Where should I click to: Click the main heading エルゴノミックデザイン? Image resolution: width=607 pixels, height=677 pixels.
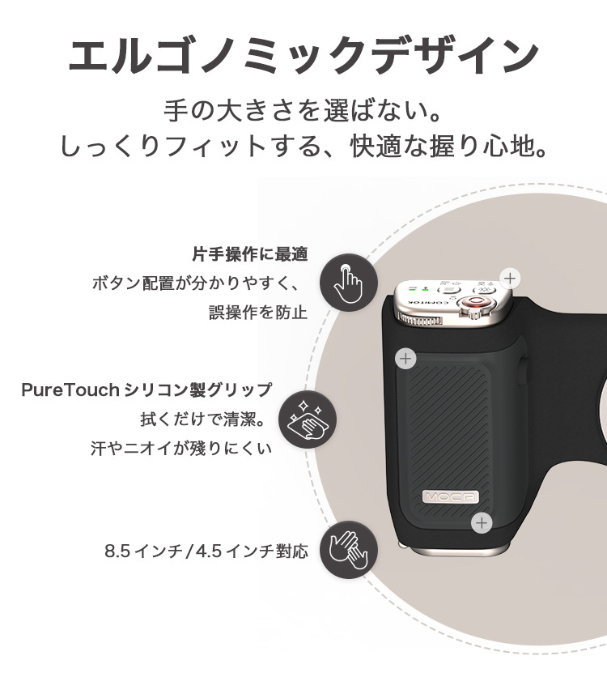[x=303, y=57]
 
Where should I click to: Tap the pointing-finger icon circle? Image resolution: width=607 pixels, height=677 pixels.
[x=349, y=283]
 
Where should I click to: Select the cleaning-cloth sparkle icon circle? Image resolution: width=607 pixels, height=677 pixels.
[x=307, y=419]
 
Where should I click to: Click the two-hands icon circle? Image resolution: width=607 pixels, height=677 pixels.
[x=349, y=550]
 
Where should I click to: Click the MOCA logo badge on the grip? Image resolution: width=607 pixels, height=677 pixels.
[x=451, y=497]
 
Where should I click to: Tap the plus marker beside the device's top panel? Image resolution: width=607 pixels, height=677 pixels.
[x=510, y=279]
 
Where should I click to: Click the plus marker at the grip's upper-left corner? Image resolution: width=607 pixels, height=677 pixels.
[x=405, y=359]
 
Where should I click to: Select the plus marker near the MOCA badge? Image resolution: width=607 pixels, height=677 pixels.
[x=482, y=523]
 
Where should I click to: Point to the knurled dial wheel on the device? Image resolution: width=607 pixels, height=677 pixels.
[x=421, y=321]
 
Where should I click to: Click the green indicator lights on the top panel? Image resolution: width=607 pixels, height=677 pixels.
[x=419, y=288]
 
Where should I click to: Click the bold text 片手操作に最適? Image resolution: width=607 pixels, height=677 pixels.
[x=250, y=254]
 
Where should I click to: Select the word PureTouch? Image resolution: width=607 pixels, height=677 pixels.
[x=70, y=390]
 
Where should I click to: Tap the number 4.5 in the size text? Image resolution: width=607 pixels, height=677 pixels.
[x=208, y=551]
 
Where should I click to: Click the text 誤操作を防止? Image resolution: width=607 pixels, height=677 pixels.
[x=258, y=312]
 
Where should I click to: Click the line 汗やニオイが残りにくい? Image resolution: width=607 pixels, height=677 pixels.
[x=181, y=448]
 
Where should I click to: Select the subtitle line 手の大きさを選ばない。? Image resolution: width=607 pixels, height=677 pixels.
[x=303, y=110]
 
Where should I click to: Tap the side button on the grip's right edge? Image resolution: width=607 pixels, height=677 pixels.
[x=524, y=370]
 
